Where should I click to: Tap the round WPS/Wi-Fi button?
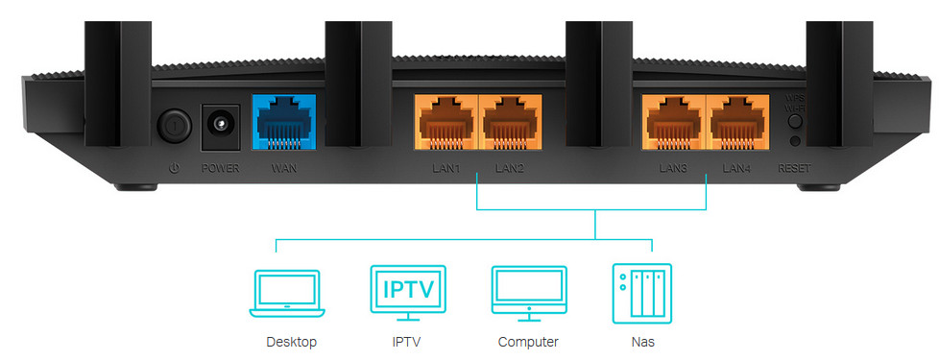coord(795,122)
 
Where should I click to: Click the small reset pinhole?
coord(795,141)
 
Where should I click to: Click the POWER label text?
coord(220,169)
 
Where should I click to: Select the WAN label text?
coord(284,169)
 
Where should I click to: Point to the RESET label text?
coord(795,169)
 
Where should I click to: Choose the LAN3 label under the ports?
coord(673,169)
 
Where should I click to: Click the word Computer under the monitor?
coord(528,343)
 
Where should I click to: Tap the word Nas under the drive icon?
coord(642,343)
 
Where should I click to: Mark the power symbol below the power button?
coord(175,169)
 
